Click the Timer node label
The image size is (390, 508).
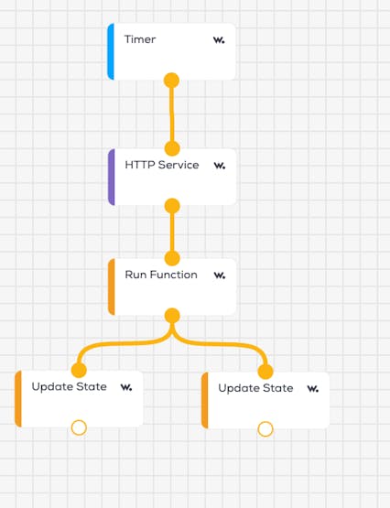(x=140, y=39)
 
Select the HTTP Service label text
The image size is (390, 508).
(x=162, y=165)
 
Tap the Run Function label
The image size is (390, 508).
(x=161, y=275)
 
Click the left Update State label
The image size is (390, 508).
(x=69, y=386)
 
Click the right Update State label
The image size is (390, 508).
(x=255, y=388)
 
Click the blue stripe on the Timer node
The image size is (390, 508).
(x=111, y=51)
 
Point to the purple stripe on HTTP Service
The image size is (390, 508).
(x=112, y=177)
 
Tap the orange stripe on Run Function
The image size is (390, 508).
(x=112, y=286)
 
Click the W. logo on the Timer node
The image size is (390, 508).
(x=219, y=40)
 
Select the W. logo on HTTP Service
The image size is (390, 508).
(x=220, y=166)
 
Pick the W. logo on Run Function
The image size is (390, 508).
(x=220, y=276)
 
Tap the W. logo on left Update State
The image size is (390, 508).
(x=126, y=387)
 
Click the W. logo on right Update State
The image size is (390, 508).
(x=313, y=388)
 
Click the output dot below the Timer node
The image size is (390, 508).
(x=172, y=81)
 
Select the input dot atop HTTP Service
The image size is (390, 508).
(x=172, y=148)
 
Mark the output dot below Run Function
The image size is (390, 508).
(x=172, y=316)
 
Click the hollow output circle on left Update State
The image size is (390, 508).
(x=79, y=427)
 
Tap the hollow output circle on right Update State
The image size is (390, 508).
(x=265, y=429)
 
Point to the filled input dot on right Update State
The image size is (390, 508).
(x=265, y=372)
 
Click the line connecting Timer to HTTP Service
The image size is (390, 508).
(x=172, y=114)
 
